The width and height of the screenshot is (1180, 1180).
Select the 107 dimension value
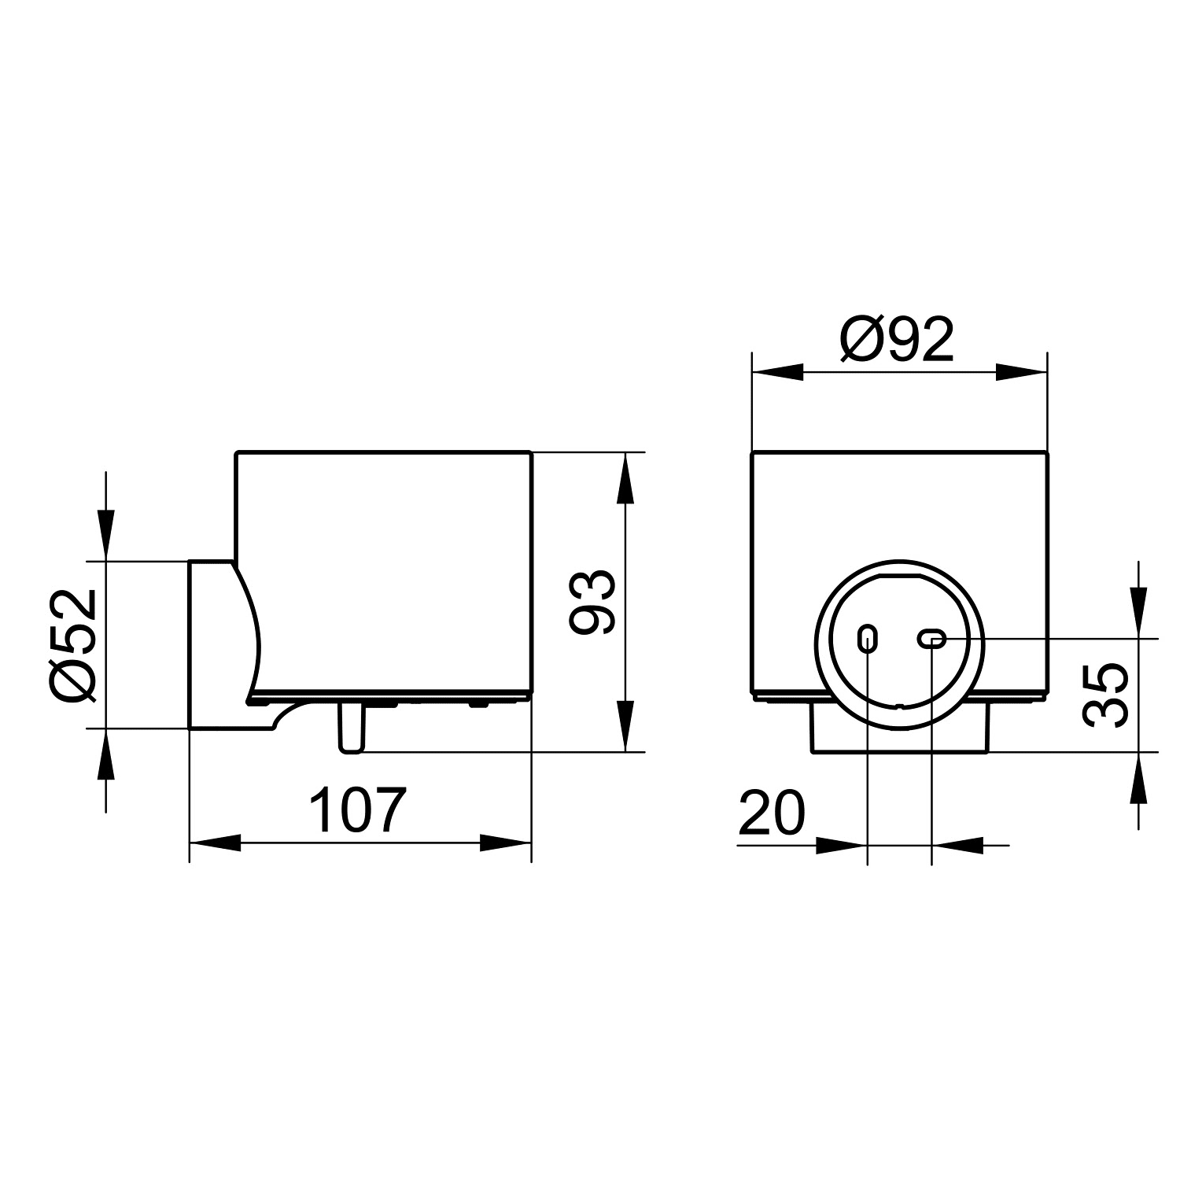pyautogui.click(x=358, y=810)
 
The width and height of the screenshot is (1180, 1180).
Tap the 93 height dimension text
pyautogui.click(x=591, y=602)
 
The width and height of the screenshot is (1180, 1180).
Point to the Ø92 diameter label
pyautogui.click(x=897, y=340)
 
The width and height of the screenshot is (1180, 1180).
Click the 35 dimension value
pyautogui.click(x=1105, y=695)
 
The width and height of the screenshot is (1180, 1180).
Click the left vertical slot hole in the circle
pyautogui.click(x=867, y=639)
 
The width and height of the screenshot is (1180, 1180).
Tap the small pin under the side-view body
pyautogui.click(x=351, y=728)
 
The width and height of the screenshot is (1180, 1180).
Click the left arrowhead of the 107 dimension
pyautogui.click(x=215, y=843)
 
